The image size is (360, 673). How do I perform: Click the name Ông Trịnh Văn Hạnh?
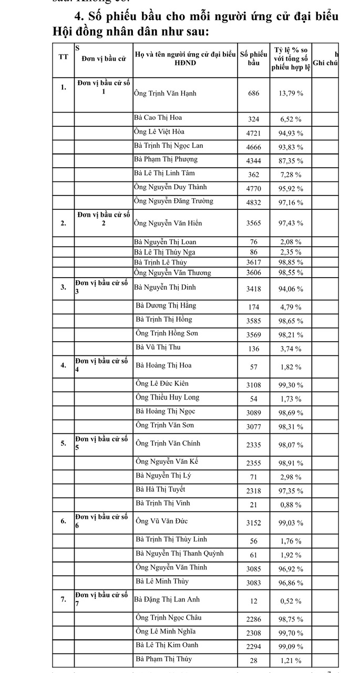pos(165,93)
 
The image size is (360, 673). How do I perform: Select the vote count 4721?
pos(254,132)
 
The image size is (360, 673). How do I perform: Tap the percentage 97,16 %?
pos(290,202)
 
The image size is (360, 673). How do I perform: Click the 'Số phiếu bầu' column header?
pos(254,58)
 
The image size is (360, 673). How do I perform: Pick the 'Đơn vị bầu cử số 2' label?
pos(104,219)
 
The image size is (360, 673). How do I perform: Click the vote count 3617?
pos(254,262)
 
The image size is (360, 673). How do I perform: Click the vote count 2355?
pos(254,463)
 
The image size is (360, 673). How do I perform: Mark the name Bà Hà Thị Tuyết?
pos(160,490)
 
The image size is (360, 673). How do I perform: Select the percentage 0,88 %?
pos(290,505)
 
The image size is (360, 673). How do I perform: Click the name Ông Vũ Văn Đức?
pos(161,521)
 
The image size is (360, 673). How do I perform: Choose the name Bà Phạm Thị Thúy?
pos(163,659)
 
